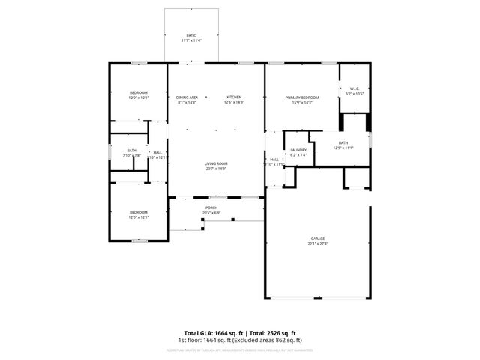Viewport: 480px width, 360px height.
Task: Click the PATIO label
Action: pos(192,35)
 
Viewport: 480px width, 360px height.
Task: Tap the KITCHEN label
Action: pos(235,97)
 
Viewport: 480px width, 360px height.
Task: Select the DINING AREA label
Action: pos(187,97)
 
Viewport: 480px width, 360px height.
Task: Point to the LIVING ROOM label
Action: pos(216,163)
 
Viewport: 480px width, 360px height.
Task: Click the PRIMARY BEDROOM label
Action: pos(301,97)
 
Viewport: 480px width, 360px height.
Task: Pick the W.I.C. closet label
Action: pos(355,88)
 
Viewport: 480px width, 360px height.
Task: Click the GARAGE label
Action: pos(318,238)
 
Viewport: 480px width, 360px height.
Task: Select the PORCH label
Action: pos(211,208)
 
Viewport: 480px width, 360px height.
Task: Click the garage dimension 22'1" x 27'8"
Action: pos(318,244)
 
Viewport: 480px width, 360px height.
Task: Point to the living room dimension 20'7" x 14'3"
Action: pos(216,169)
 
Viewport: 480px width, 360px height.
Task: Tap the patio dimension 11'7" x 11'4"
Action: pos(192,40)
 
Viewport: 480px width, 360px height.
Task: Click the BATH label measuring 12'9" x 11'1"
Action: pos(343,142)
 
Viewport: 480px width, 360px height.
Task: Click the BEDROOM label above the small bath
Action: pos(138,92)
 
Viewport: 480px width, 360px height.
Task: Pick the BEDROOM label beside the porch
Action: pos(138,212)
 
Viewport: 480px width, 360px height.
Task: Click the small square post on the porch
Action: pos(233,220)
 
